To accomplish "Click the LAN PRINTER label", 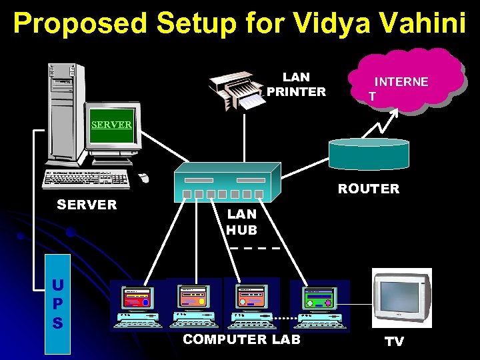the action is [296, 85].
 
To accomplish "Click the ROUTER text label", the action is [368, 189].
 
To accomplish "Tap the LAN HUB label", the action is [241, 222].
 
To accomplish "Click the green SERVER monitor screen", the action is [112, 124].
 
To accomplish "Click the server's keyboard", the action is [87, 179].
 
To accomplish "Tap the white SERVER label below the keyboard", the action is [87, 205].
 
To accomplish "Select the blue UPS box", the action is [58, 304].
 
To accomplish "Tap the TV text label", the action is [395, 342].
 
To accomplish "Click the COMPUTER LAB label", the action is [241, 339].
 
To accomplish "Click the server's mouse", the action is [143, 177].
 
